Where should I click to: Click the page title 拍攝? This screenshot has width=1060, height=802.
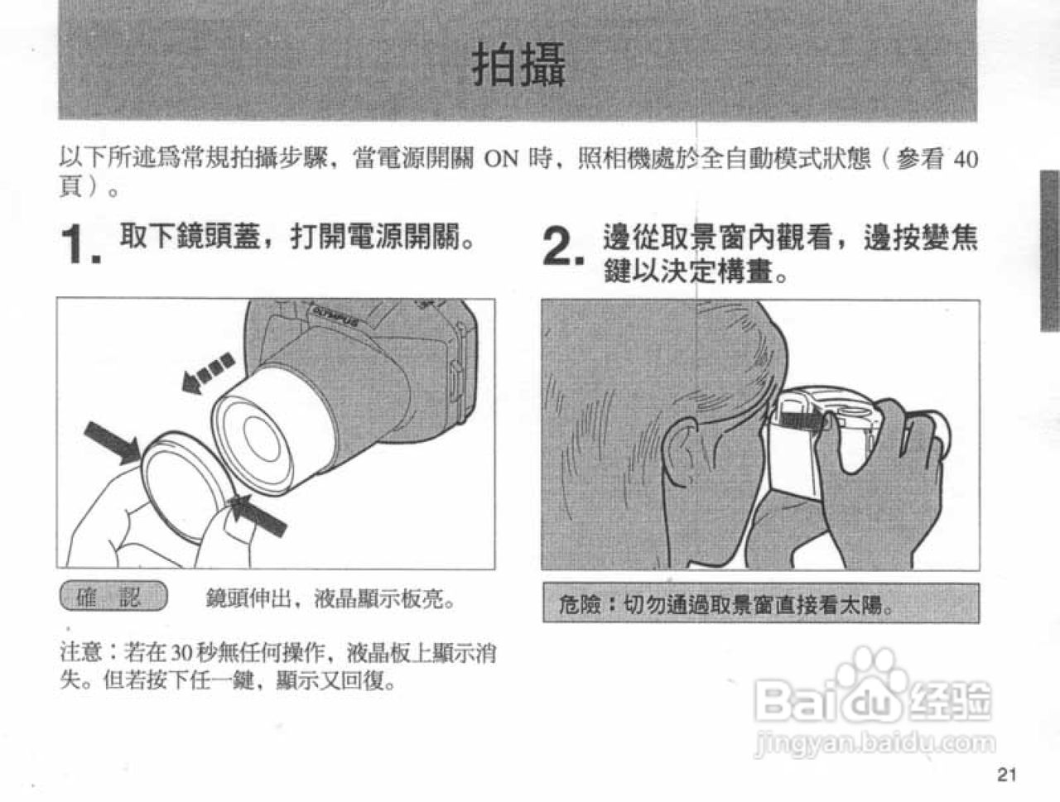tap(519, 65)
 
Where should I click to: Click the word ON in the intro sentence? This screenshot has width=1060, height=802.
tap(500, 159)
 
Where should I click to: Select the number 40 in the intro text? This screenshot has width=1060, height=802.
tap(965, 159)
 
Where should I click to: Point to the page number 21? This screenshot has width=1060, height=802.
tap(1006, 775)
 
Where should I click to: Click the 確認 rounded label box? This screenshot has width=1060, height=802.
tap(113, 597)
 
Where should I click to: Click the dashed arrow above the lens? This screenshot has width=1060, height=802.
tap(207, 372)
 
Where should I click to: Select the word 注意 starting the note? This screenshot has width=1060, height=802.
tap(81, 652)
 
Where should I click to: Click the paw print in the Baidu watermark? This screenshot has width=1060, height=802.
tap(867, 672)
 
